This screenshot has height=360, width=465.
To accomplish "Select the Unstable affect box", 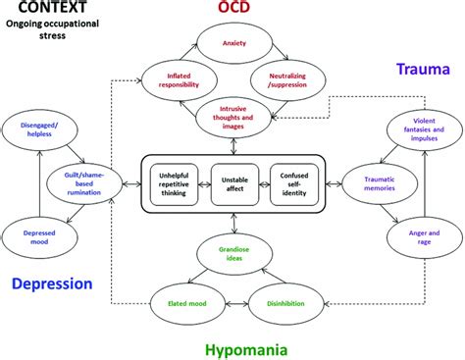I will (x=232, y=181).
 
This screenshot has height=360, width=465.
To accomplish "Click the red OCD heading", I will (x=233, y=9).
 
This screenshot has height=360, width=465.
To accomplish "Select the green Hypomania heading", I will (x=254, y=347).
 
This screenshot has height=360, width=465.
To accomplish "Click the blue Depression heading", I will (x=52, y=284).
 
